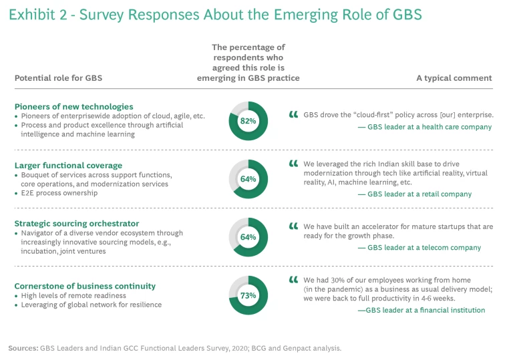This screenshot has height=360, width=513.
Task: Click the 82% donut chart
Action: click(x=248, y=121)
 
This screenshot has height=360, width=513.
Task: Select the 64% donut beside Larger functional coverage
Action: click(x=248, y=179)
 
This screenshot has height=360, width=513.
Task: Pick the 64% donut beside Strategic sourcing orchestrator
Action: click(x=248, y=237)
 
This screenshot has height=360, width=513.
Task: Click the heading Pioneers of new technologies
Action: click(x=73, y=106)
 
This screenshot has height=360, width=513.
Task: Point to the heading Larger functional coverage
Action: click(x=68, y=164)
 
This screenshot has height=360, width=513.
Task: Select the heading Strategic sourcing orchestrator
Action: click(x=77, y=223)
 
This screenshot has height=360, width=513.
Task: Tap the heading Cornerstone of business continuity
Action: click(x=85, y=286)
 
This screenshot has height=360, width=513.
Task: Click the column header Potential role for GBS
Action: click(x=58, y=78)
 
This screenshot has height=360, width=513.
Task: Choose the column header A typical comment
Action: click(x=454, y=78)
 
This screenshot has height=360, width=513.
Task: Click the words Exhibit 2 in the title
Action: click(x=37, y=15)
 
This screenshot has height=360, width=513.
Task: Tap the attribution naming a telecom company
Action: click(x=419, y=248)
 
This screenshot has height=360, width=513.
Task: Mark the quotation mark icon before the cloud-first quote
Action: click(x=293, y=115)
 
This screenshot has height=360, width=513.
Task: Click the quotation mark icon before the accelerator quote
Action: click(x=293, y=227)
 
